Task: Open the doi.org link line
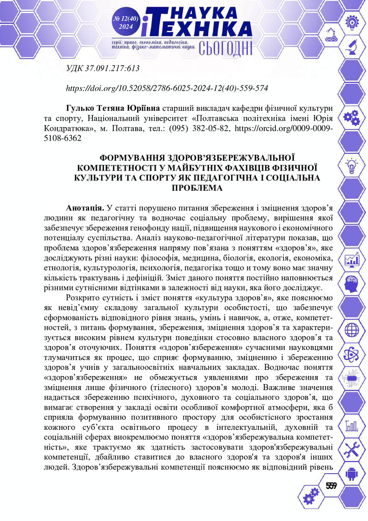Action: point(168,88)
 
